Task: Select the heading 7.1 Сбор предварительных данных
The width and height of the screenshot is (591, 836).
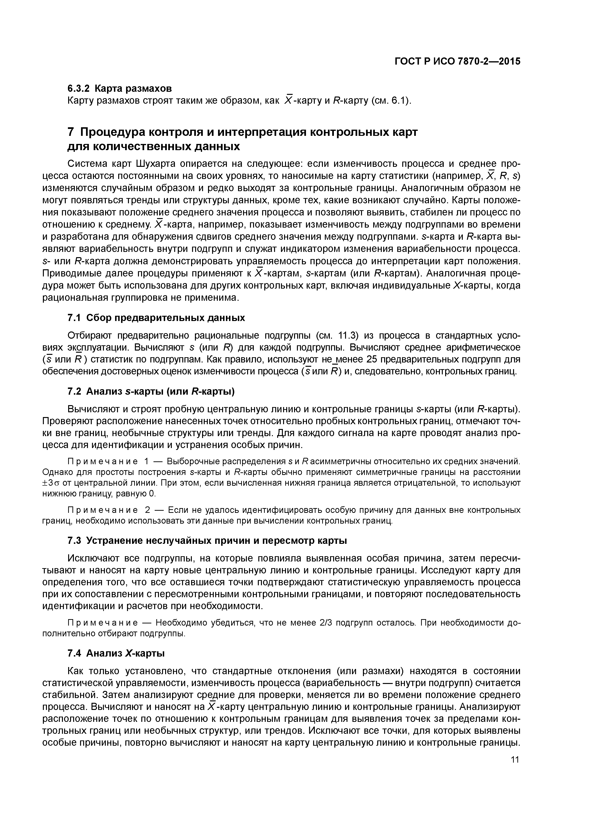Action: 156,318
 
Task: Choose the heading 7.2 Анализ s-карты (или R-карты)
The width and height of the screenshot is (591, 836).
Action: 151,391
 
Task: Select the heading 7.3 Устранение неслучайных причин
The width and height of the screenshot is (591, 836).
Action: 207,541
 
